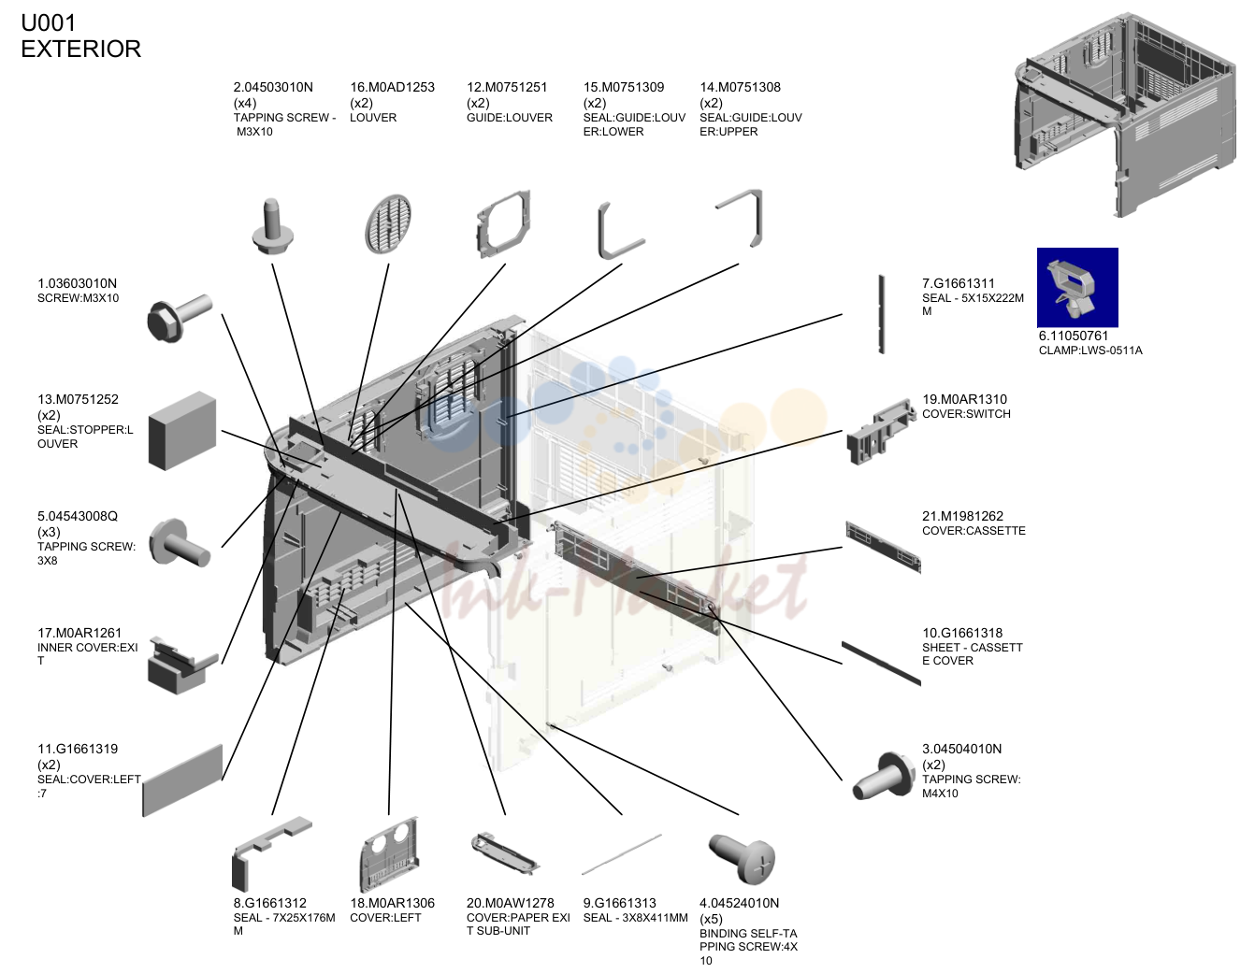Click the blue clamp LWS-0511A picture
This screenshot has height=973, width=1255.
pyautogui.click(x=1077, y=287)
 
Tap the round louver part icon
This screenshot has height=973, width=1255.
pyautogui.click(x=388, y=224)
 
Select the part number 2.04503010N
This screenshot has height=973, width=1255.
pyautogui.click(x=273, y=87)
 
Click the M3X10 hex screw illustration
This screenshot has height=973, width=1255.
pyautogui.click(x=180, y=318)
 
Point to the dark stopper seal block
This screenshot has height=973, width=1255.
pyautogui.click(x=182, y=431)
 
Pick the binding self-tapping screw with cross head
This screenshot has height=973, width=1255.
pyautogui.click(x=743, y=858)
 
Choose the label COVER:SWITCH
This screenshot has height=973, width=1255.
pyautogui.click(x=966, y=414)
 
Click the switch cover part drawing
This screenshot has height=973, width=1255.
pyautogui.click(x=881, y=432)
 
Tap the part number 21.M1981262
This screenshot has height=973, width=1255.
pyautogui.click(x=963, y=516)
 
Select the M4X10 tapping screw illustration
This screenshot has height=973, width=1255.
pyautogui.click(x=884, y=776)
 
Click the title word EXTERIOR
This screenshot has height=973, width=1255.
pyautogui.click(x=80, y=49)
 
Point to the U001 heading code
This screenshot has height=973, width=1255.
pyautogui.click(x=49, y=23)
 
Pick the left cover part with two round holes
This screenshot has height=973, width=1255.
pyautogui.click(x=389, y=854)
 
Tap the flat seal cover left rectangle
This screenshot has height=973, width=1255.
pyautogui.click(x=182, y=780)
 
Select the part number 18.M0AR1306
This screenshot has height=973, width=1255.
pyautogui.click(x=392, y=903)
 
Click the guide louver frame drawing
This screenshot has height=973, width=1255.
pyautogui.click(x=502, y=224)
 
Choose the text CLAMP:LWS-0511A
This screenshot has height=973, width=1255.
pyautogui.click(x=1090, y=351)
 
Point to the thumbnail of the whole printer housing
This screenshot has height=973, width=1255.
pyautogui.click(x=1125, y=115)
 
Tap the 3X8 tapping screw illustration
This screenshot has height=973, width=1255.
pyautogui.click(x=180, y=542)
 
